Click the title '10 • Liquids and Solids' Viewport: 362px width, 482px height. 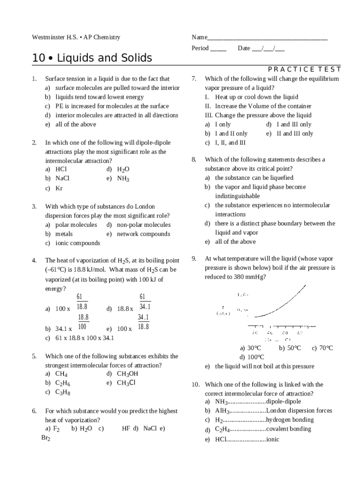pyautogui.click(x=92, y=58)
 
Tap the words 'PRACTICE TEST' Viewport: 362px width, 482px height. pyautogui.click(x=304, y=69)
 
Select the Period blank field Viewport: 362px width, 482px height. pyautogui.click(x=218, y=48)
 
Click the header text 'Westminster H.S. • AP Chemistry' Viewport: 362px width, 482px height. pyautogui.click(x=76, y=37)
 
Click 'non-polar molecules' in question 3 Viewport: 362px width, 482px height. pyautogui.click(x=143, y=225)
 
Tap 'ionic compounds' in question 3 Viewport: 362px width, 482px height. pyautogui.click(x=78, y=243)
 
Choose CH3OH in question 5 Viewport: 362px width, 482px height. pyautogui.click(x=128, y=374)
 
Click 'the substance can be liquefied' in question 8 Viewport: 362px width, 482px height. pyautogui.click(x=254, y=178)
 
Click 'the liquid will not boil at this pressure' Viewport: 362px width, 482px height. pyautogui.click(x=264, y=366)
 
